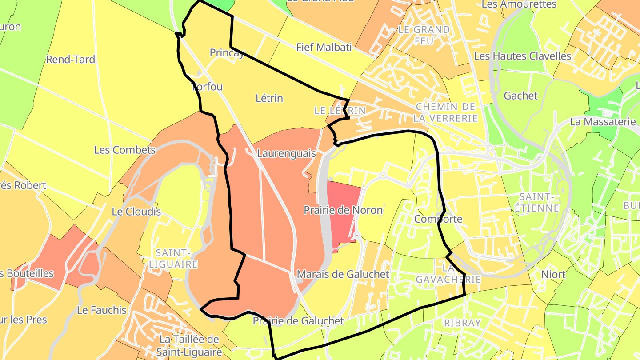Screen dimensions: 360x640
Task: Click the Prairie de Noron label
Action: [x=343, y=210]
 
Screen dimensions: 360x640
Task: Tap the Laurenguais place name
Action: [x=286, y=154]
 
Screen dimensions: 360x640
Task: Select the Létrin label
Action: [x=269, y=98]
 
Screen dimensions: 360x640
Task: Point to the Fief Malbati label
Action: [x=324, y=47]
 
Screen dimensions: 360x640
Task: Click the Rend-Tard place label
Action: [x=70, y=60]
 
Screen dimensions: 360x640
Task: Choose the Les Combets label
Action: [x=124, y=150]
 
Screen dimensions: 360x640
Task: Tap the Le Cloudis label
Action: [x=136, y=212]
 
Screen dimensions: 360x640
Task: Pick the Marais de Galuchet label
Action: [x=343, y=274]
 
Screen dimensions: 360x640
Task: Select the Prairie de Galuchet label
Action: [x=298, y=320]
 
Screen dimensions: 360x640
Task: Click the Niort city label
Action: [x=553, y=274]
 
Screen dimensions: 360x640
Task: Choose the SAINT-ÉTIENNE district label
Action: [x=539, y=202]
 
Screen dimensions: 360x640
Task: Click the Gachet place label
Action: [x=520, y=96]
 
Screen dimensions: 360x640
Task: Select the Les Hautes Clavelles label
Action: [x=522, y=56]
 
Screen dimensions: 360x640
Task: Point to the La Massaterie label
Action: [x=603, y=121]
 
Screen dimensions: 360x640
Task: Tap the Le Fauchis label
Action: [x=102, y=310]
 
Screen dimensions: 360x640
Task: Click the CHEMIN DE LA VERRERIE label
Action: [x=445, y=112]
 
